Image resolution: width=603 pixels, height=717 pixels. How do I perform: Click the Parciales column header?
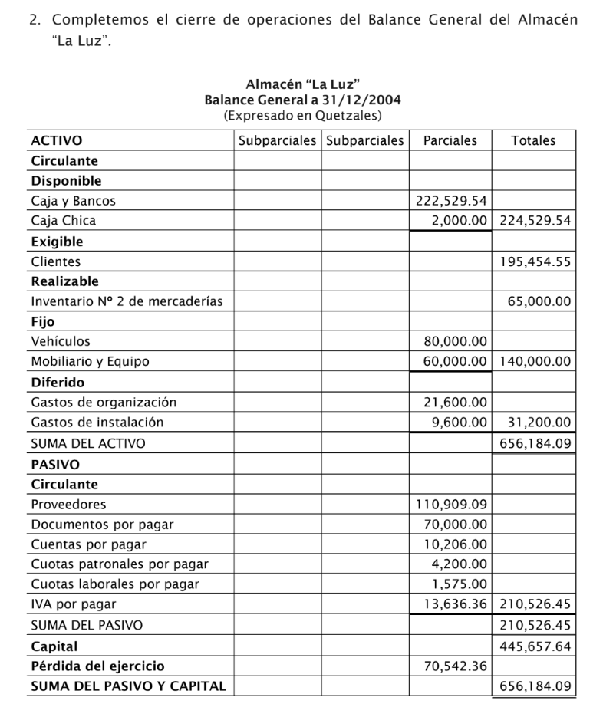(450, 140)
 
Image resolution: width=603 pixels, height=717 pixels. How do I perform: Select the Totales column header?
(533, 140)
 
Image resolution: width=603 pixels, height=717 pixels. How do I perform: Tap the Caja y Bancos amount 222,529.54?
(451, 201)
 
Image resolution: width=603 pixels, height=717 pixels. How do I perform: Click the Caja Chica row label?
(64, 221)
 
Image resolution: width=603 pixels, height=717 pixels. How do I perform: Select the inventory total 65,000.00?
(539, 301)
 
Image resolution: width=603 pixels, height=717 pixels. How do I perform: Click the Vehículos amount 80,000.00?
(456, 341)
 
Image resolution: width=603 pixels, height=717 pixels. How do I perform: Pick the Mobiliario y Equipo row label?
(90, 361)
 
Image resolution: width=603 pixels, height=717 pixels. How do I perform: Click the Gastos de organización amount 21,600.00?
(456, 402)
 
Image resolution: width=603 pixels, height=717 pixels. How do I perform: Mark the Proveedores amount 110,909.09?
(451, 505)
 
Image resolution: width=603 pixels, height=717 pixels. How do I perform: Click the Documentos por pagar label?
(102, 525)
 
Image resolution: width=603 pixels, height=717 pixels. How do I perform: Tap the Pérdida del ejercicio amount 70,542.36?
(456, 666)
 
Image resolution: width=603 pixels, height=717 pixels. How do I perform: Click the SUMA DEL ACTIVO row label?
(87, 442)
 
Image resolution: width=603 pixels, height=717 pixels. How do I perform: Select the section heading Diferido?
(58, 382)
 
